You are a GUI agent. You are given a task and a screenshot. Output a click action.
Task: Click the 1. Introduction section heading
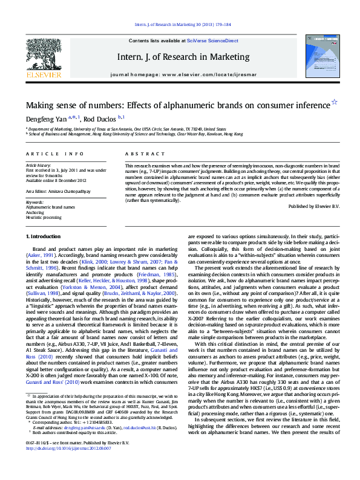click(44, 236)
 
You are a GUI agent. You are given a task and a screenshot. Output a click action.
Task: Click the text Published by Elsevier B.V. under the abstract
click(314, 206)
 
